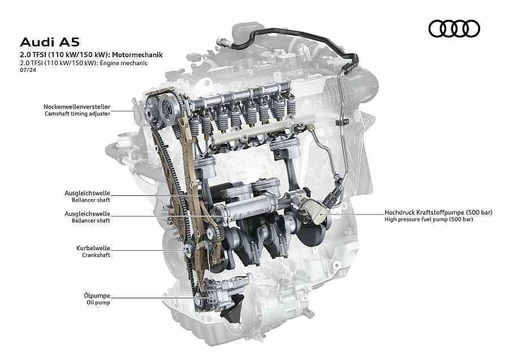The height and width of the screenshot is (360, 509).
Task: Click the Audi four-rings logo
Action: (454, 29)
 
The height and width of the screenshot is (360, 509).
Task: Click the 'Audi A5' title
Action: (50, 42)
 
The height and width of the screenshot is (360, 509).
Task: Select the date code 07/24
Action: (28, 70)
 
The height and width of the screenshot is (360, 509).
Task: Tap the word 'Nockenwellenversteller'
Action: (77, 106)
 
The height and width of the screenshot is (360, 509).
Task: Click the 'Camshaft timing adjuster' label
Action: (77, 114)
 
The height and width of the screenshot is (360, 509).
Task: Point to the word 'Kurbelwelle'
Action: (93, 248)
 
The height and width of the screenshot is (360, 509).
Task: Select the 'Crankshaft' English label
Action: (96, 255)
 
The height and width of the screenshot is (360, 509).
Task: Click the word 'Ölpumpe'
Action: (97, 295)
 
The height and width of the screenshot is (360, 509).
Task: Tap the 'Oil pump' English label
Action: (98, 302)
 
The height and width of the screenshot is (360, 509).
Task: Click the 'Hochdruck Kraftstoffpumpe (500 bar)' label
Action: (438, 212)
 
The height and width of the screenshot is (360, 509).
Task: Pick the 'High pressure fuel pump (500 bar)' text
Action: (429, 219)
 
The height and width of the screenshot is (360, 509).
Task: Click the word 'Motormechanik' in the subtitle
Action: (137, 54)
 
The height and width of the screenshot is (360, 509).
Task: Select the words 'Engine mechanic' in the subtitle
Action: (124, 63)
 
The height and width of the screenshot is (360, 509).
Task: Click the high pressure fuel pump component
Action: (313, 211)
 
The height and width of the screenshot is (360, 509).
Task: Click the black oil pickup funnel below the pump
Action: (232, 310)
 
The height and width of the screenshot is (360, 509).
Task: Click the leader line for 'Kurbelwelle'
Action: (149, 250)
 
